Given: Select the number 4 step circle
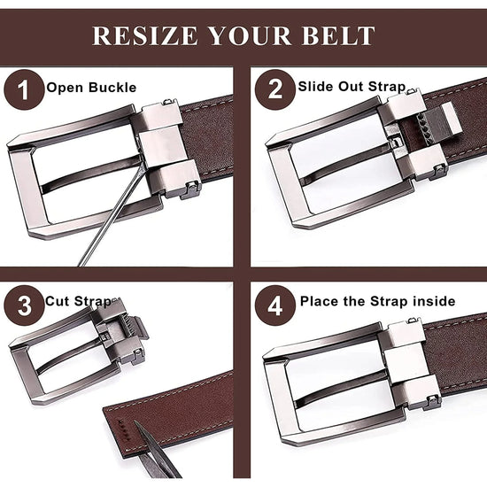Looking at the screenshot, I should [x=274, y=305].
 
